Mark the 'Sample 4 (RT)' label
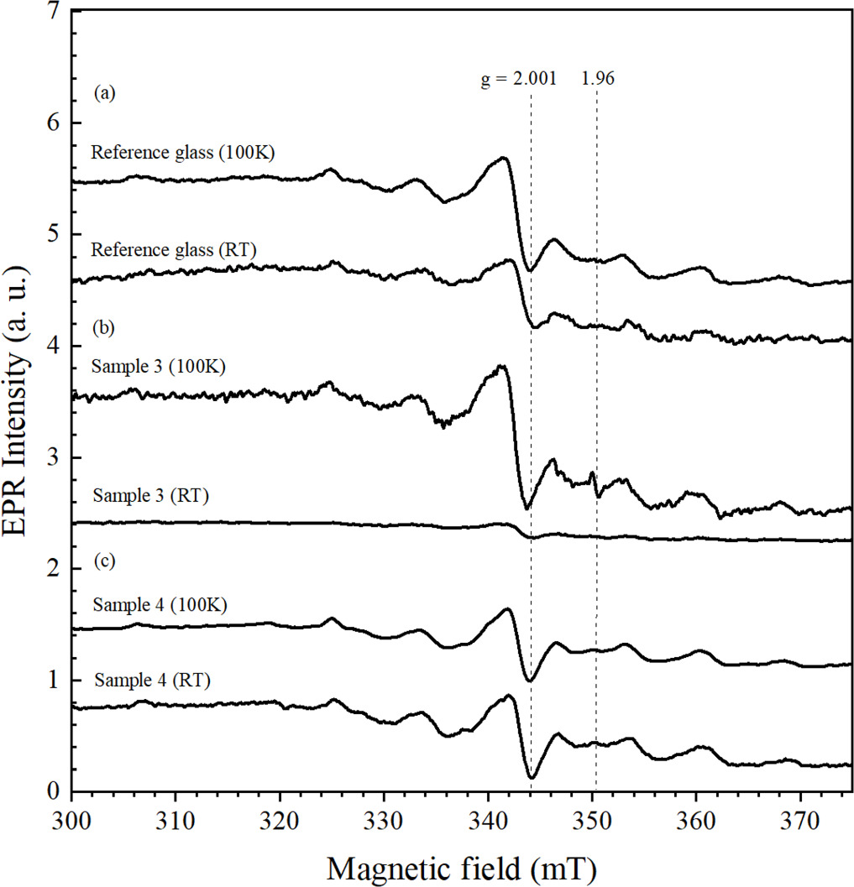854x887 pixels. tap(152, 679)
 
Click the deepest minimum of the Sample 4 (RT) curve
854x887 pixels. tap(532, 777)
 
